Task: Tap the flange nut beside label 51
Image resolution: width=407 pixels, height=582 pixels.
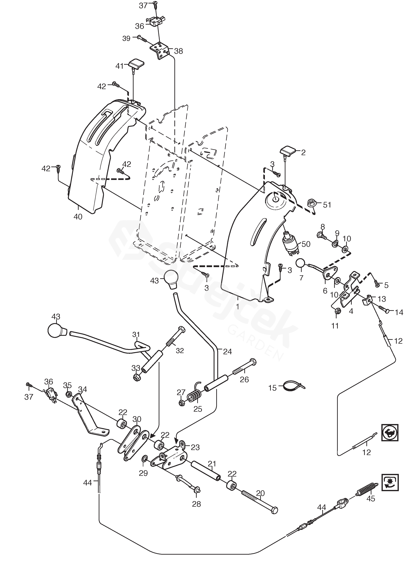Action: pos(311,203)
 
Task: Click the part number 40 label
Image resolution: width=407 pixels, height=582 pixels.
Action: pos(78,217)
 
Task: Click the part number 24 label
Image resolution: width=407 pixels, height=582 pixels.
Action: pos(227,352)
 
